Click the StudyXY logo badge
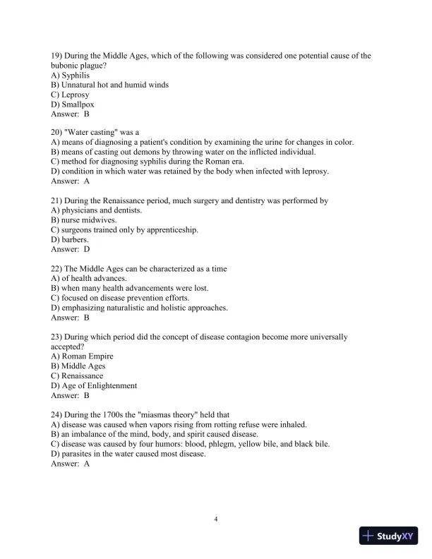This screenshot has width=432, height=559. [390, 536]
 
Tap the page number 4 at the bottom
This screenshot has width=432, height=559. [216, 519]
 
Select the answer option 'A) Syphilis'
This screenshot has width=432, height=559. [71, 75]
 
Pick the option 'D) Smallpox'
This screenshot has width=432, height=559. [73, 104]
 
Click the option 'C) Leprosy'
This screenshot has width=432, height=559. [71, 94]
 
